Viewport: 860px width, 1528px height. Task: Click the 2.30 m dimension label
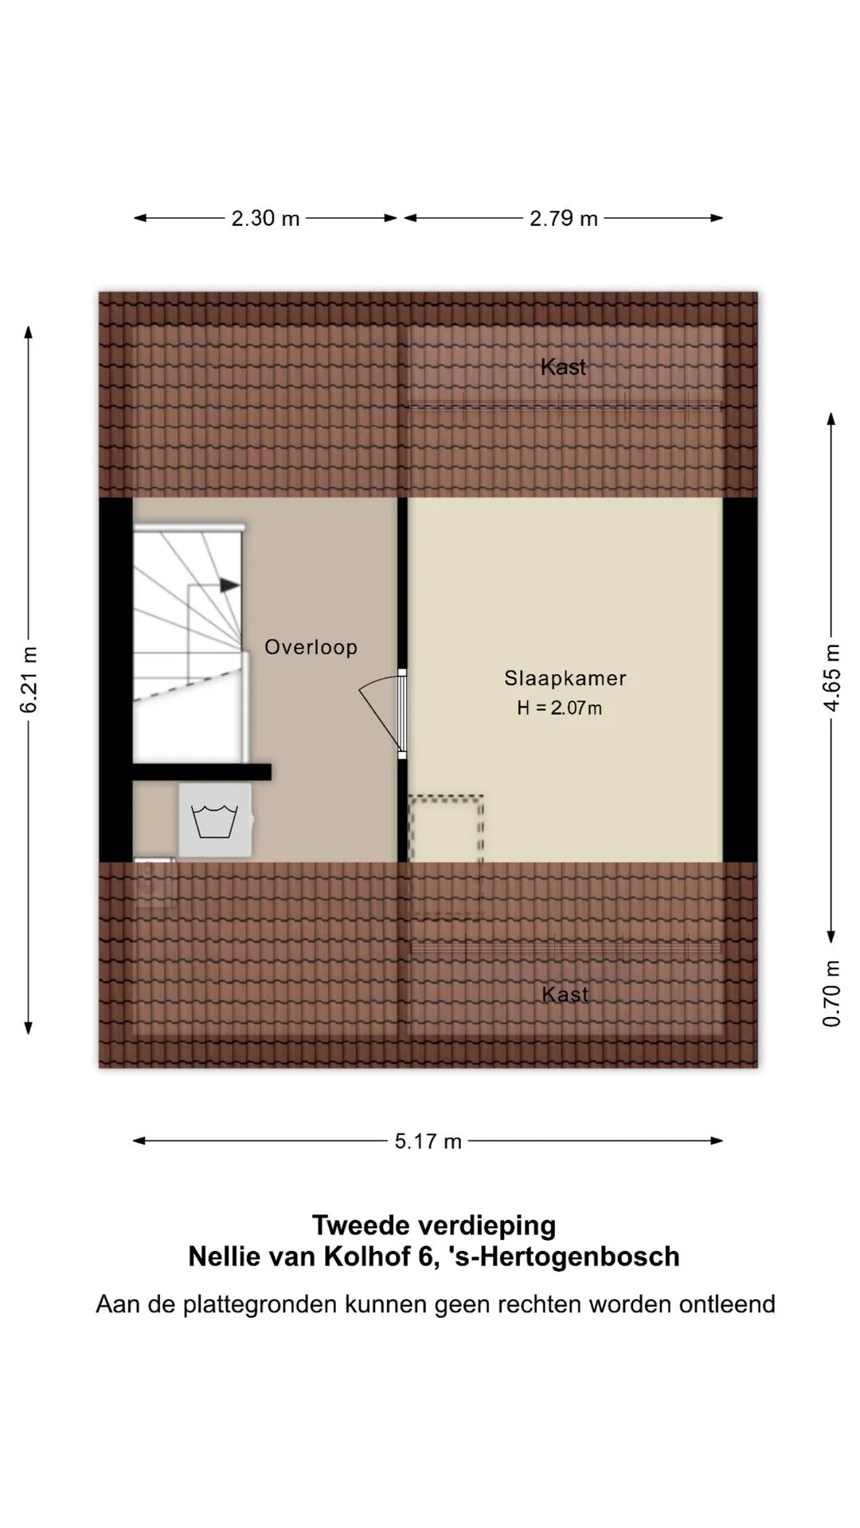pos(265,218)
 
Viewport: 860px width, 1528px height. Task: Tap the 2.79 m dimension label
pos(564,218)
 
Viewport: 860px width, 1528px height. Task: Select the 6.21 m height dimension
pos(29,680)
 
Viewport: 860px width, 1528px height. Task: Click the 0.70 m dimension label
pos(831,992)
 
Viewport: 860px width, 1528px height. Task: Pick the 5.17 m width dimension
pos(428,1141)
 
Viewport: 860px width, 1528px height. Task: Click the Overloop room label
pos(311,647)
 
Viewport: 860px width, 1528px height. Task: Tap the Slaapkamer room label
pos(565,678)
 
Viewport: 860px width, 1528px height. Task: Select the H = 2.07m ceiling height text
pos(559,707)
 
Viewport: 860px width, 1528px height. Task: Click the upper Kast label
pos(563,367)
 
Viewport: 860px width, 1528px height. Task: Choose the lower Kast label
pos(565,994)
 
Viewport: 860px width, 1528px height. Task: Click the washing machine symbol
pos(215,821)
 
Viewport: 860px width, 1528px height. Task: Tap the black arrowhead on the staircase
pos(230,586)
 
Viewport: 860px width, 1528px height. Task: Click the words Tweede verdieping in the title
pos(434,1225)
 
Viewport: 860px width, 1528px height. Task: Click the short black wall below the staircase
pos(201,772)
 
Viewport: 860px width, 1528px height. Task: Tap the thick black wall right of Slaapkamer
pos(741,680)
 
